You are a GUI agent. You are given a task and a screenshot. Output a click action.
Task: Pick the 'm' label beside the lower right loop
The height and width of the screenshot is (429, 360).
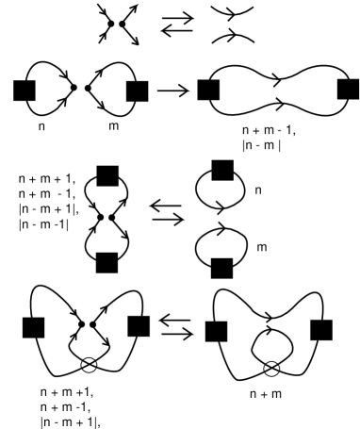click(x=260, y=247)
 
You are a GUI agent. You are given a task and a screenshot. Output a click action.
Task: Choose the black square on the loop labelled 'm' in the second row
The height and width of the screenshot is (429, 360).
click(x=138, y=91)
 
